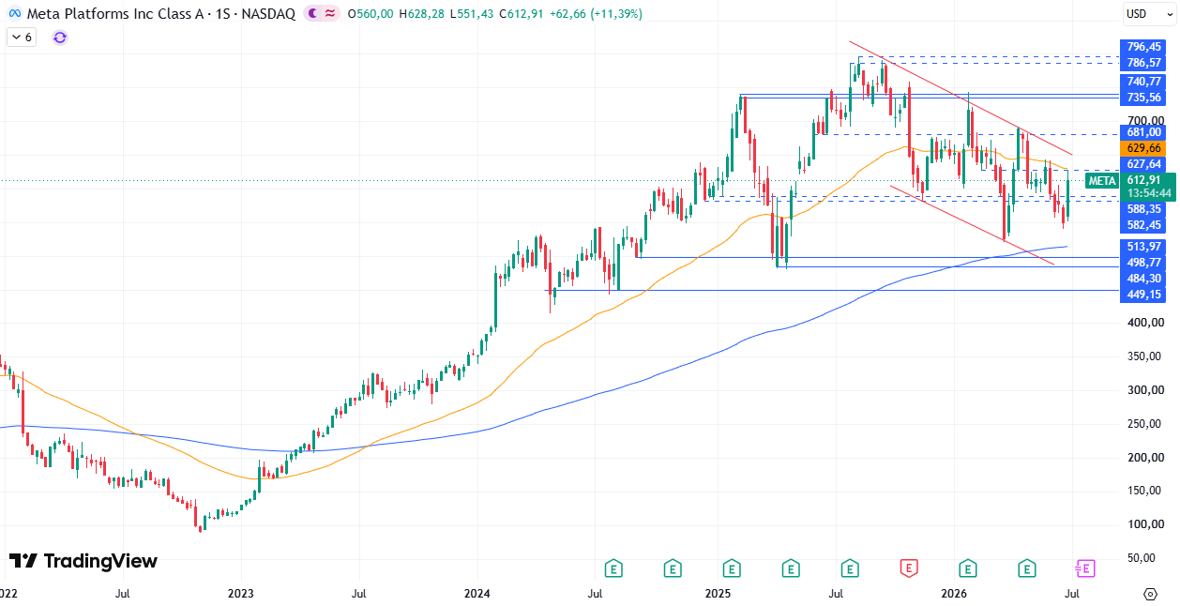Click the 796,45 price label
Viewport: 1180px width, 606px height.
[x=1142, y=47]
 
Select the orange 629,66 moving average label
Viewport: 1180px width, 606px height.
[x=1142, y=148]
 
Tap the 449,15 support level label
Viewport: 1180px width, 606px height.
[x=1142, y=295]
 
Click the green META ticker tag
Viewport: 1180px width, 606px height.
[x=1102, y=181]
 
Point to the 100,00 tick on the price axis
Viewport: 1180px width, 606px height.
[x=1145, y=524]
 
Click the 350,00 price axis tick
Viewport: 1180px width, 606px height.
[x=1145, y=356]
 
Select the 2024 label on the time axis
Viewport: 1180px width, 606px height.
[x=477, y=594]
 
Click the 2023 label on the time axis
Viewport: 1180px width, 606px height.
[x=241, y=594]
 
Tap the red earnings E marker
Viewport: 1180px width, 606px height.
[x=909, y=568]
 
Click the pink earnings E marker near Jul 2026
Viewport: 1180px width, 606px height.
[x=1085, y=568]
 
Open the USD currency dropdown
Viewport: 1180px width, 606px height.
[x=1148, y=14]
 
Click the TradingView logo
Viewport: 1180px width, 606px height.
[x=83, y=561]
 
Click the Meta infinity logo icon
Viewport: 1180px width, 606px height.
[x=15, y=14]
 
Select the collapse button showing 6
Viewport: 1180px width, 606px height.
[x=22, y=38]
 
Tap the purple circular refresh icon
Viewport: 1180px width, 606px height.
[x=60, y=38]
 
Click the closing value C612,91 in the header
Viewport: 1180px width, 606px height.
[x=521, y=14]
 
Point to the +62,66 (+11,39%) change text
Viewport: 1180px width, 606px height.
[x=596, y=14]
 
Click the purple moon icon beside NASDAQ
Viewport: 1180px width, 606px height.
[x=313, y=13]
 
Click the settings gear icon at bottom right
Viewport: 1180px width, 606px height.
[x=1150, y=595]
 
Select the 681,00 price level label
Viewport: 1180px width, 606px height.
[x=1142, y=132]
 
